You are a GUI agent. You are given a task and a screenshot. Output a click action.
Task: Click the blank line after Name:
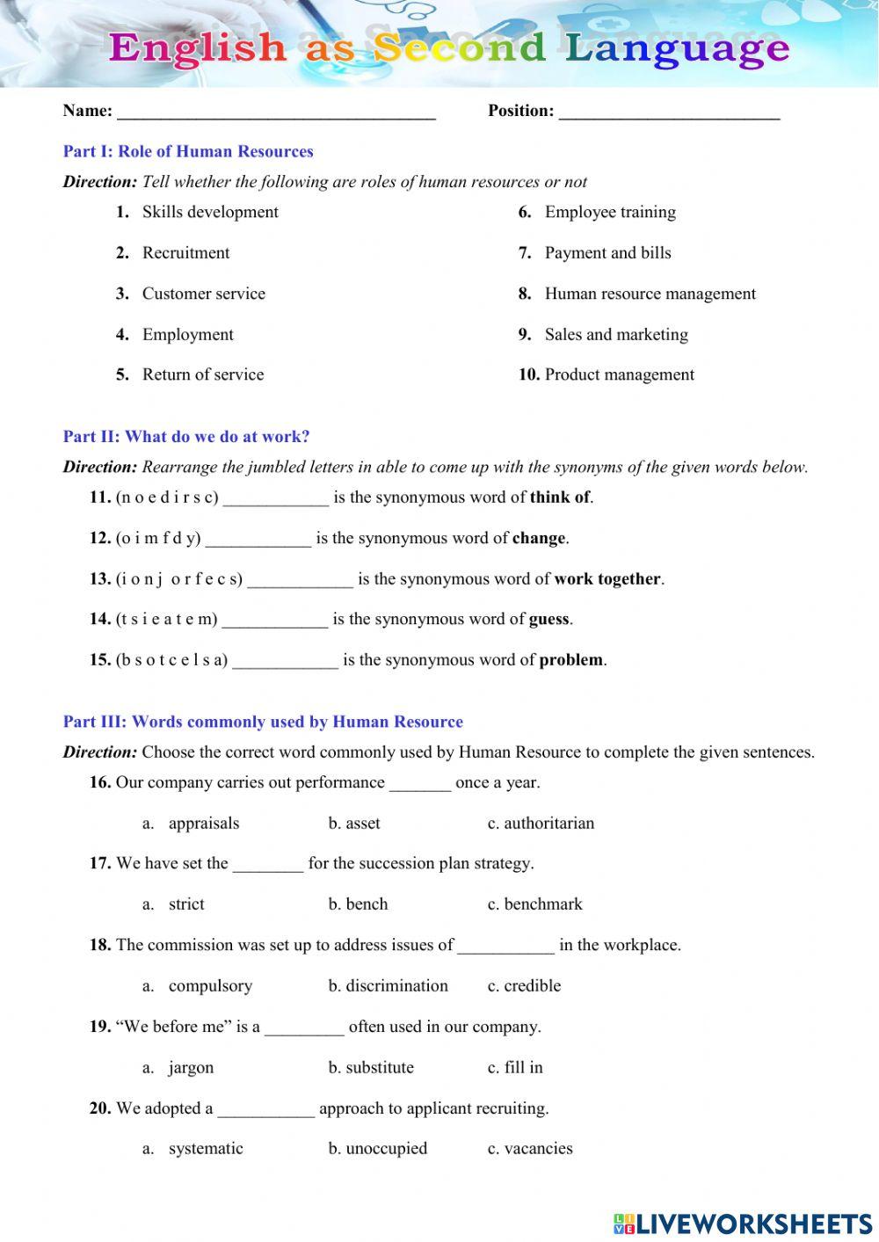(x=276, y=113)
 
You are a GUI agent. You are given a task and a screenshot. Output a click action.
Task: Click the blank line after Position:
(x=669, y=113)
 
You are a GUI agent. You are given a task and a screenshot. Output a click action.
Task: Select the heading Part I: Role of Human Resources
(x=188, y=151)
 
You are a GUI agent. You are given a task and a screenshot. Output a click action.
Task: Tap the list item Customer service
(x=203, y=294)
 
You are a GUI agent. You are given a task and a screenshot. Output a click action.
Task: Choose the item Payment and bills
(x=607, y=253)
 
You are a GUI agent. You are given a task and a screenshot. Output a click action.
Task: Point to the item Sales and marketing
(x=616, y=335)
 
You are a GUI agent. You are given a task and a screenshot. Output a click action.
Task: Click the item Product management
(x=619, y=375)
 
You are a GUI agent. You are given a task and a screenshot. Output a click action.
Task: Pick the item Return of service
(x=203, y=375)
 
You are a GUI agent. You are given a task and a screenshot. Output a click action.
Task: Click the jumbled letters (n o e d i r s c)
(x=167, y=498)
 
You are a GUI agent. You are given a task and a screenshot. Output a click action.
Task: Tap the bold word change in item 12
(x=539, y=539)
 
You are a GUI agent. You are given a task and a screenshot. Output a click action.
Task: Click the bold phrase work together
(x=607, y=579)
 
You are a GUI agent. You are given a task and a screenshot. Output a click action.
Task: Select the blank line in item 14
(x=274, y=621)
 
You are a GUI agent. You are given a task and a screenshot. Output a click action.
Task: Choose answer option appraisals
(x=204, y=824)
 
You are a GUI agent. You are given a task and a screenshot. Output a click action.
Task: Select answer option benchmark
(x=542, y=904)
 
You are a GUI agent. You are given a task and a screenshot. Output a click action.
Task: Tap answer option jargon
(x=191, y=1068)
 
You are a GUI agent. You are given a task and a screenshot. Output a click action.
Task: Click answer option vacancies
(x=538, y=1149)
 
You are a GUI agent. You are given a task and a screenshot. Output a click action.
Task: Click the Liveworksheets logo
(x=742, y=1223)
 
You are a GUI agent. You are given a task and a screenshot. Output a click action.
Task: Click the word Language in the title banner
(x=677, y=48)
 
